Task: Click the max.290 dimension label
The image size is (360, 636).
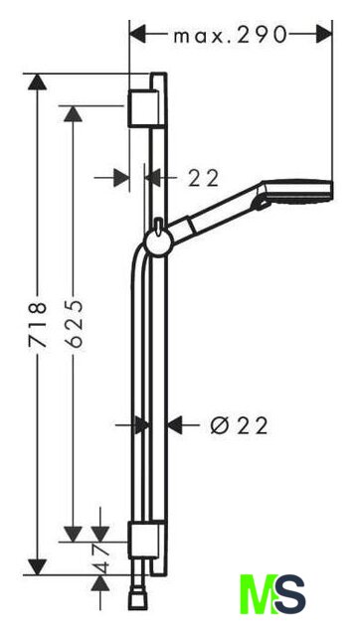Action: [230, 36]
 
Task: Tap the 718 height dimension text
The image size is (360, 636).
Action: [38, 324]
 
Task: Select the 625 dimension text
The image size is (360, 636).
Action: [74, 324]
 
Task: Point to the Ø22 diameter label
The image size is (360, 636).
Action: [240, 426]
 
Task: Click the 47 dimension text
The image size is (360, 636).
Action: [102, 558]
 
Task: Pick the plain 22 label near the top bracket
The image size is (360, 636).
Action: [203, 178]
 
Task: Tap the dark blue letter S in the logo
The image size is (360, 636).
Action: [289, 594]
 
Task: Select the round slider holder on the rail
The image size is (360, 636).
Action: [159, 242]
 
